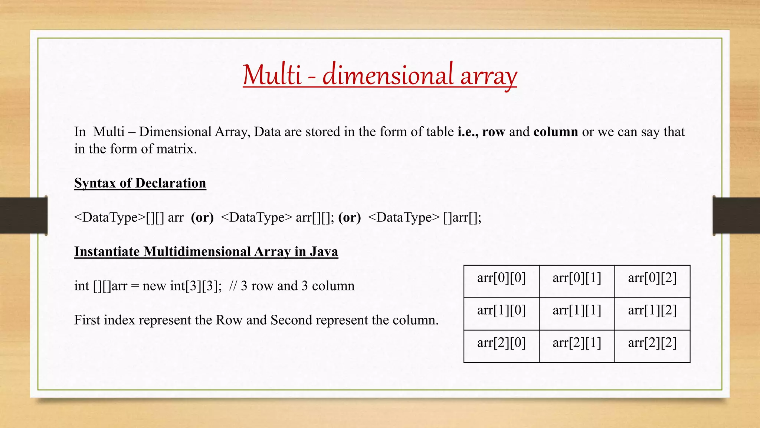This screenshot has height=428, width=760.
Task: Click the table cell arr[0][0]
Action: coord(501,281)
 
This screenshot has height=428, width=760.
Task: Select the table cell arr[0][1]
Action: coord(577,281)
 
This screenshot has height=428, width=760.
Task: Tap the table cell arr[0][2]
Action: coord(652,281)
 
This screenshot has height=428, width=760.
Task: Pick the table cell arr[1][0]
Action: coord(501,314)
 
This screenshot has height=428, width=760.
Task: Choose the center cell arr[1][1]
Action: coord(577,314)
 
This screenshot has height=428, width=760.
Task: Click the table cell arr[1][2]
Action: coord(652,314)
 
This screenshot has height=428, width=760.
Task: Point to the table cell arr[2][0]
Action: coord(501,346)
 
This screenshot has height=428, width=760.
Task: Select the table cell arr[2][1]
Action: coord(577,346)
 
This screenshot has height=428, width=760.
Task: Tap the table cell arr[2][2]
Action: coord(652,346)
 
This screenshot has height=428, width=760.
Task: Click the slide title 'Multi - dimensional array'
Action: coord(380,75)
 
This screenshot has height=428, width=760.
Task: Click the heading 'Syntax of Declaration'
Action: coord(140,183)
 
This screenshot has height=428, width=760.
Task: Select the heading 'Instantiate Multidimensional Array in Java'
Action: coord(206,252)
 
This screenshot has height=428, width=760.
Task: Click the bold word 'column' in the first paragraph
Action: coord(556,132)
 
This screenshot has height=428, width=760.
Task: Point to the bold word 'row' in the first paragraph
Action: coord(494,132)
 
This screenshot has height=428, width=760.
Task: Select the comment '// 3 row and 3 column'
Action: coord(292,286)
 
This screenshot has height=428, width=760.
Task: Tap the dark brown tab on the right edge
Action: coord(736,215)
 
